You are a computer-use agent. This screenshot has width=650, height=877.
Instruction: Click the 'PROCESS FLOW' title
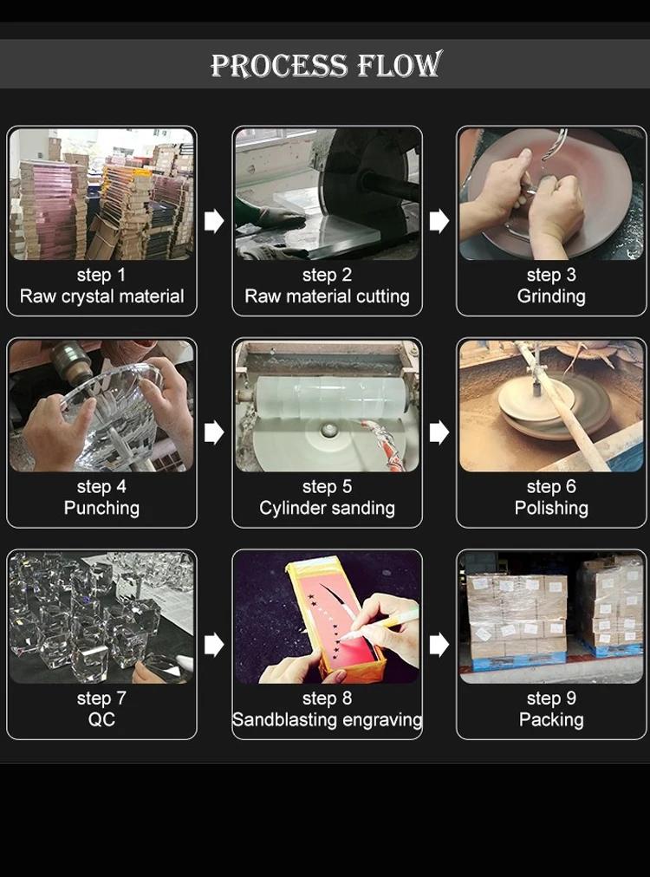point(326,64)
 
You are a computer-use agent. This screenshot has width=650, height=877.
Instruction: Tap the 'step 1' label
point(101,275)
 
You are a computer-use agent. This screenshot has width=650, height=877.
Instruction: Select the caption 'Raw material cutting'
point(327,296)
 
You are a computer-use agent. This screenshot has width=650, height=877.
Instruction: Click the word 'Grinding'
point(551,296)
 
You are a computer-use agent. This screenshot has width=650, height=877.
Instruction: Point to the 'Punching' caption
point(101,508)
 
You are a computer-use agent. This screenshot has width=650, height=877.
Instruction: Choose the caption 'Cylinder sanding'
point(327,508)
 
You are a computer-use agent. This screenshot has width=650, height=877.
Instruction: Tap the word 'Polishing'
point(551,508)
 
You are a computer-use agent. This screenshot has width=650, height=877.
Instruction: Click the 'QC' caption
point(101,719)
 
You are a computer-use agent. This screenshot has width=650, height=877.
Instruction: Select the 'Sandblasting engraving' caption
point(327,719)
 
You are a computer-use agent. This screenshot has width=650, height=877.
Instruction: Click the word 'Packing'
point(551,719)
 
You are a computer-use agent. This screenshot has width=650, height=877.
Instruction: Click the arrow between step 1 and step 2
point(214,221)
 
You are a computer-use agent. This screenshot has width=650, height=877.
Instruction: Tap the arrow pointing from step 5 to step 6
point(439,432)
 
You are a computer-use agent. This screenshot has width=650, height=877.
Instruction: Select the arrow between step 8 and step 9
point(439,645)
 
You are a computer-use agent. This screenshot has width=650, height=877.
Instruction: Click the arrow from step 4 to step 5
point(214,432)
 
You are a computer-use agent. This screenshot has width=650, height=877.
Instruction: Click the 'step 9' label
point(551,698)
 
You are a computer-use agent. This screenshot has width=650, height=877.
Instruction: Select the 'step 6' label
point(551,487)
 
